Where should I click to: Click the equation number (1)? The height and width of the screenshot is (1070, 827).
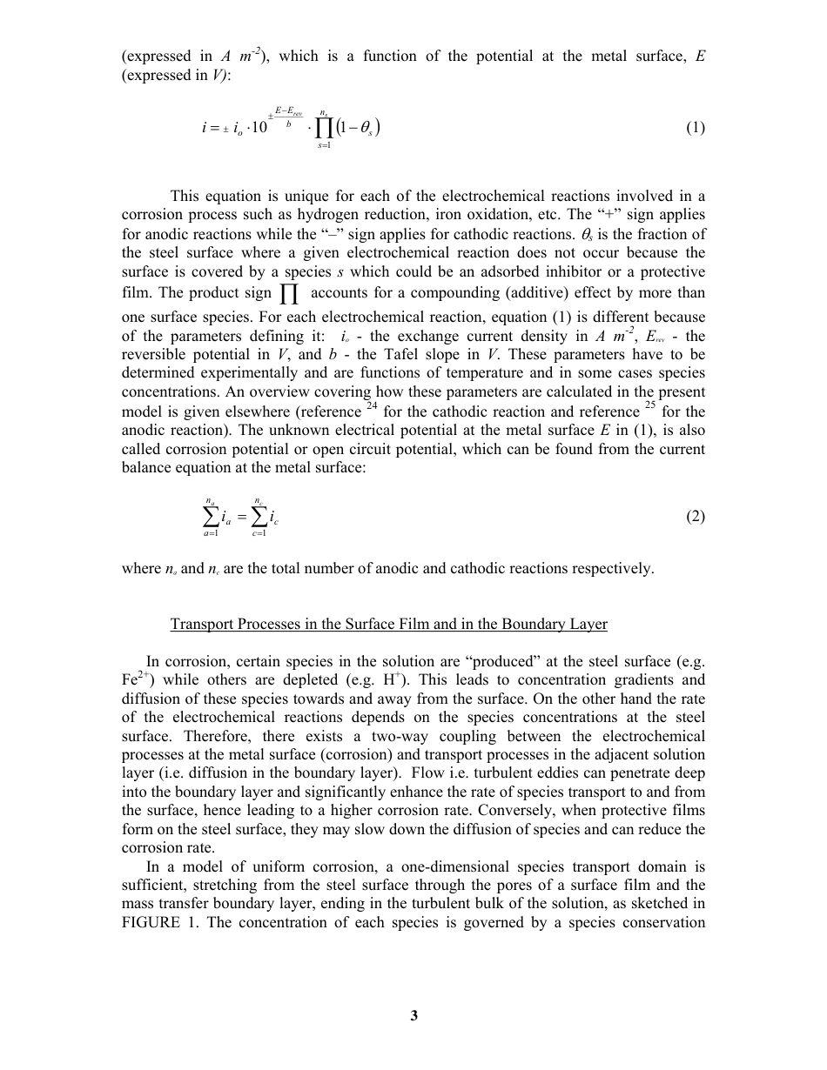[695, 128]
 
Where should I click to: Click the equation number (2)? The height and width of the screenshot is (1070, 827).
[695, 517]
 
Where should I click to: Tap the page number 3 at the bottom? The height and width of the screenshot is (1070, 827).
[414, 1015]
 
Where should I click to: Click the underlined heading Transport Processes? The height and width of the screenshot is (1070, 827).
[388, 625]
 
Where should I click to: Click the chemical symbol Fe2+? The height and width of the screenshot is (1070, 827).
[137, 679]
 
